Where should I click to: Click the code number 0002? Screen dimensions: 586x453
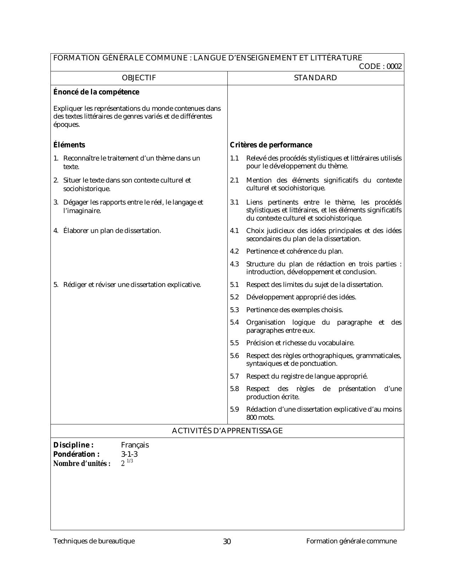pos(394,66)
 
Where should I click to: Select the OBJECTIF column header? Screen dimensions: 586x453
pos(139,78)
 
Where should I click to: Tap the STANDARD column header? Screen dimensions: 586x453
pos(316,78)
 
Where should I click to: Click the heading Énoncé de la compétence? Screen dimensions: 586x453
pos(96,92)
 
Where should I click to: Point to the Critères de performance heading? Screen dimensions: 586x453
pos(271,145)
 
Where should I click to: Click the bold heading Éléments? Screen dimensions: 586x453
pos(69,145)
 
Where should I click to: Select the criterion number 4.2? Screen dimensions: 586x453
pos(234,251)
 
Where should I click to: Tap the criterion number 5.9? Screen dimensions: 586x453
pos(234,409)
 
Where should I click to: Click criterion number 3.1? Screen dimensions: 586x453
pos(234,202)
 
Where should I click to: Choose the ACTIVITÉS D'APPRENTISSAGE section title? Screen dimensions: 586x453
pos(227,431)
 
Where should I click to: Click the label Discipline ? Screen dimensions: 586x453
pos(73,445)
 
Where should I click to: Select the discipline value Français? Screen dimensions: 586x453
pos(135,445)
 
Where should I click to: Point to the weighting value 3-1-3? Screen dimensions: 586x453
pos(129,455)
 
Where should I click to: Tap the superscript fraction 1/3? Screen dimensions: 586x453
pos(130,461)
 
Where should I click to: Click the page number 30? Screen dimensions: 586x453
pos(227,542)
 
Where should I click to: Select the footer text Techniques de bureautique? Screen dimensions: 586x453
pos(94,541)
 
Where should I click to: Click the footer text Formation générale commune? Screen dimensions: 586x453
pos(351,541)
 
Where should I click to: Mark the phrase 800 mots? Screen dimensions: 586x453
pos(260,418)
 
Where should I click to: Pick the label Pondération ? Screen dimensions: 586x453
pos(76,455)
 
